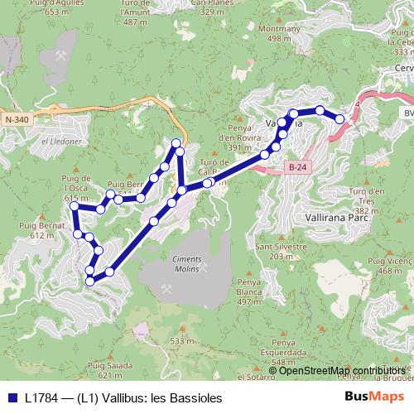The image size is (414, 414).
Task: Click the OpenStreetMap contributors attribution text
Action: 342,370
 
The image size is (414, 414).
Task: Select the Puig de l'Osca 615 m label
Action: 75,187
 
